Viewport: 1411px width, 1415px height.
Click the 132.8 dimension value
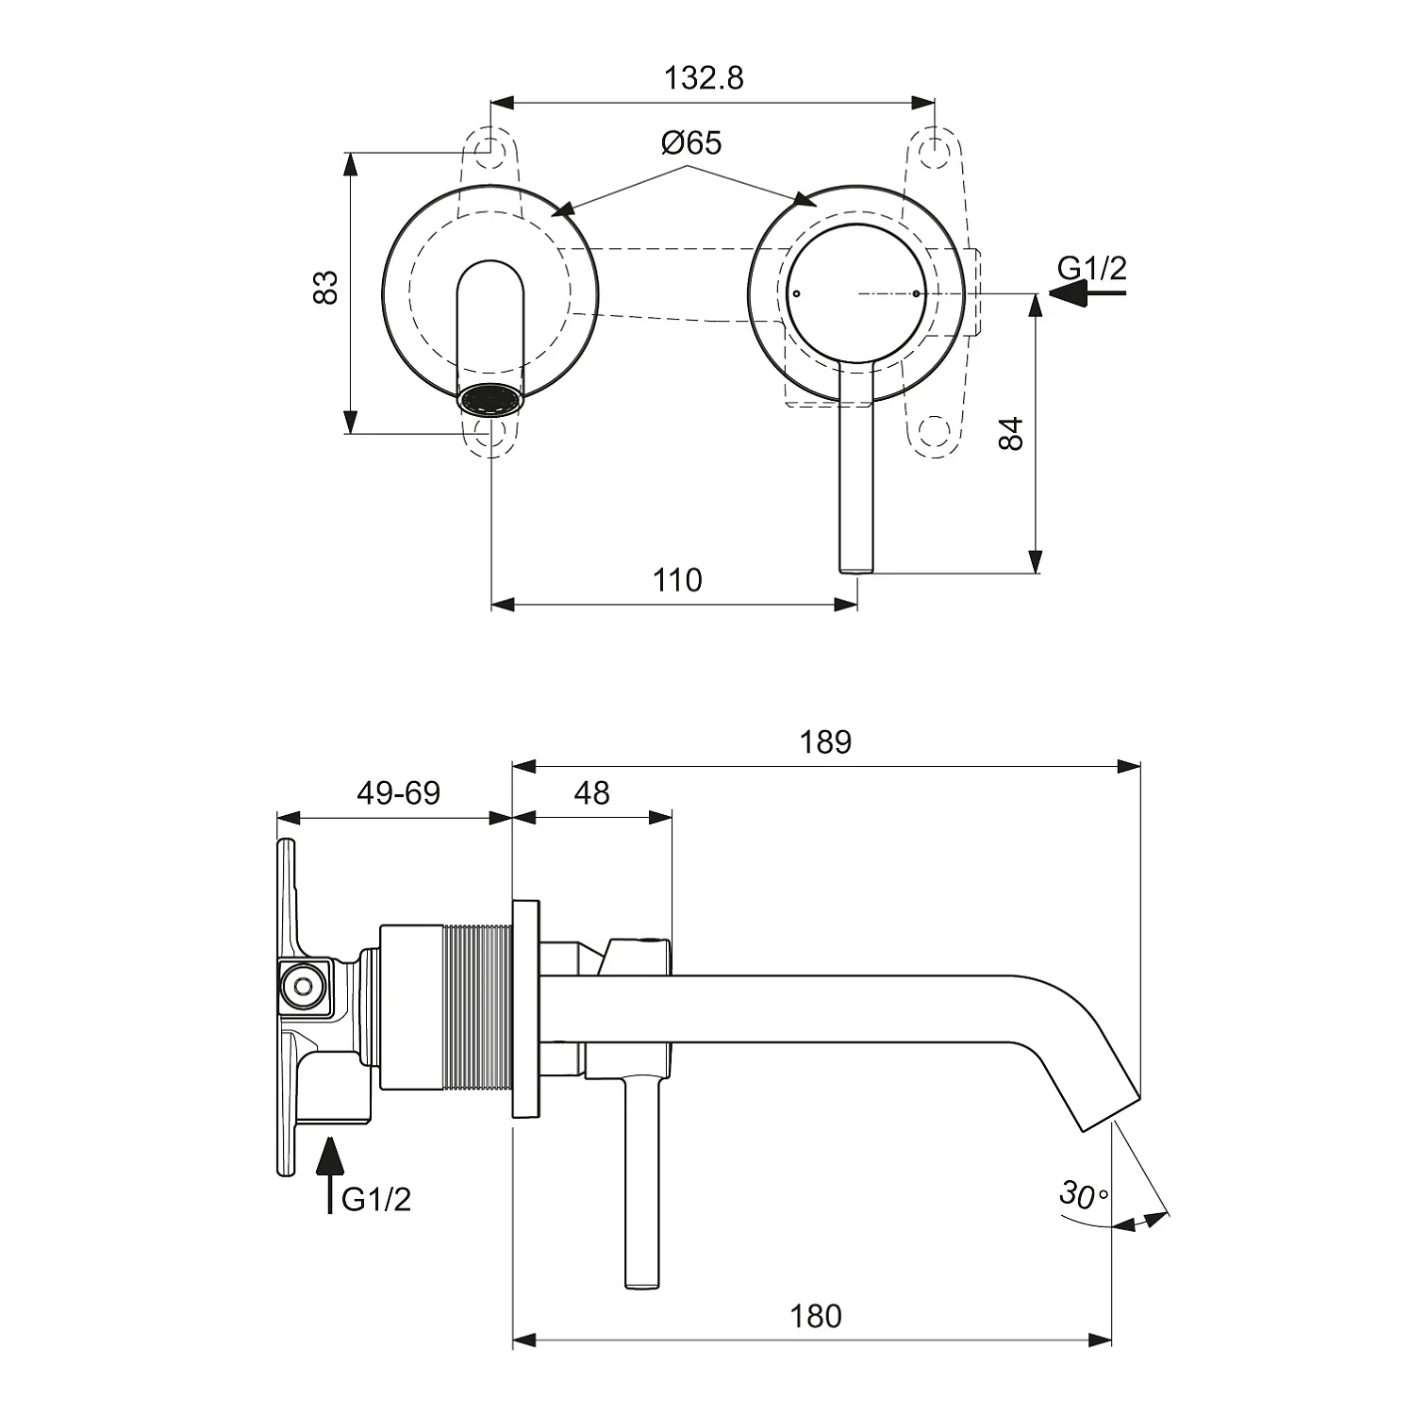tap(704, 77)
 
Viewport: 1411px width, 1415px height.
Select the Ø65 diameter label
tap(690, 143)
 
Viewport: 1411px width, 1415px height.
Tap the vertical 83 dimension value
tap(325, 288)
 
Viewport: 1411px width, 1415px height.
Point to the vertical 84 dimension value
tap(1010, 433)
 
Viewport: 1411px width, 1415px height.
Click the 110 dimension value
tap(677, 579)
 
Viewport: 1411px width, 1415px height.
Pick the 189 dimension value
tap(825, 742)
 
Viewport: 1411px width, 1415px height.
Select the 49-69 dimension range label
tap(398, 793)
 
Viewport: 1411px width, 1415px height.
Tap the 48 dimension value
tap(591, 793)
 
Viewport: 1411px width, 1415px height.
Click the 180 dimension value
tap(815, 1315)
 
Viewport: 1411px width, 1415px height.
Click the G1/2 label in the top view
tap(1091, 269)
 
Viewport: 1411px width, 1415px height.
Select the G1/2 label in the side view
tap(375, 1199)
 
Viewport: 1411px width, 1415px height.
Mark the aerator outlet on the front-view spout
tap(490, 399)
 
